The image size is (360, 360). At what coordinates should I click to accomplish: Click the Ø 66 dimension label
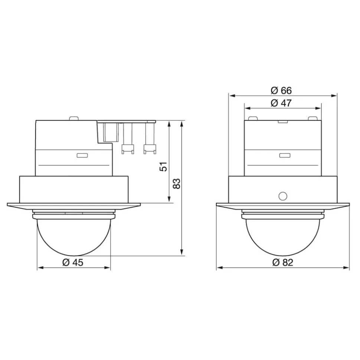(281, 90)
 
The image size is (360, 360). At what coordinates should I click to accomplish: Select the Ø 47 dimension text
(281, 103)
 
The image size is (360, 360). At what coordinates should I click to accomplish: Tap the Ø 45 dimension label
(73, 262)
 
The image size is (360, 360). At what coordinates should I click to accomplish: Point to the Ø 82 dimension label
(282, 262)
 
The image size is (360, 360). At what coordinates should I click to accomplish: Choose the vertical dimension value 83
(177, 184)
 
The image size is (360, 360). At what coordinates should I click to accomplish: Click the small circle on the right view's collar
(282, 196)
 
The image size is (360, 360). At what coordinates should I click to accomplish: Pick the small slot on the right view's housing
(285, 155)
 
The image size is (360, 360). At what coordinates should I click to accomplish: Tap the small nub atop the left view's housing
(73, 119)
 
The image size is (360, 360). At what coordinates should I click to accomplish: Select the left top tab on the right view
(253, 119)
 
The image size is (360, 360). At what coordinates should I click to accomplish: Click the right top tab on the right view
(313, 119)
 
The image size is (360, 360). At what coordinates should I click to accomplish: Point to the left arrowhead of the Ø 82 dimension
(219, 268)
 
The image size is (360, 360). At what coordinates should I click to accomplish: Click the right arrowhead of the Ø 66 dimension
(334, 96)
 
